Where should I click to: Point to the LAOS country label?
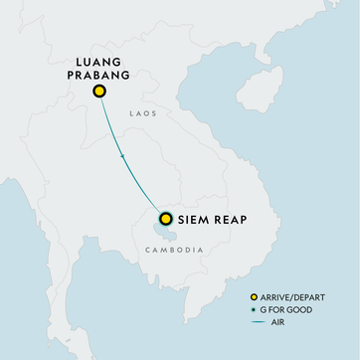[143, 114]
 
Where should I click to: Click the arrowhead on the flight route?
[122, 156]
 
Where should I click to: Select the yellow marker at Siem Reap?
[165, 219]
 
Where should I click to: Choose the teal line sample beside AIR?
[259, 321]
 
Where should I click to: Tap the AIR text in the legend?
[278, 321]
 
